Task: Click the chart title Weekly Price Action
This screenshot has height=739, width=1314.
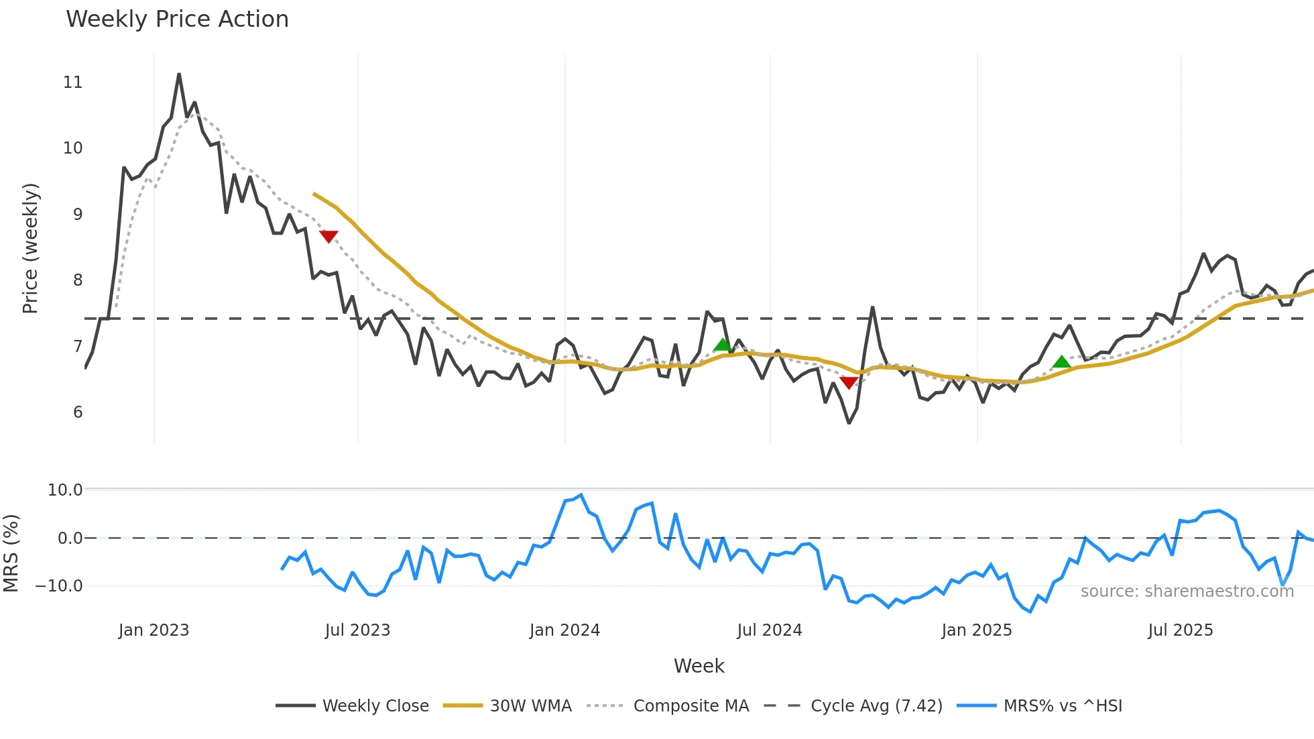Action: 177,19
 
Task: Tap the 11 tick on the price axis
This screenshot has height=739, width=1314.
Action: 73,82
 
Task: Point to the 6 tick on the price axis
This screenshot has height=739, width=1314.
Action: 78,412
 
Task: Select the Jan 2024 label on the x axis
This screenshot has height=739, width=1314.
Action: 564,630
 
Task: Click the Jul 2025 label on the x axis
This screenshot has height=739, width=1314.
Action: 1181,630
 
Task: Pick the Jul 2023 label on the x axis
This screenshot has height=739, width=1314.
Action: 357,630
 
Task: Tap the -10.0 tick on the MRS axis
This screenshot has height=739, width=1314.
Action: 59,586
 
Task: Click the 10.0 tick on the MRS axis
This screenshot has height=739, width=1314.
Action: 65,490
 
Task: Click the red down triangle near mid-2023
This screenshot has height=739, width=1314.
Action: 328,236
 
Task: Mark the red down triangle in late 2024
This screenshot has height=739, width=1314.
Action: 849,382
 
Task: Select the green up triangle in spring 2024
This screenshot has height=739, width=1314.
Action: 722,345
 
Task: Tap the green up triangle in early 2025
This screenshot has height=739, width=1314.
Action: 1061,362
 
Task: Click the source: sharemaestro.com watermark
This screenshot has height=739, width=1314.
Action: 1187,591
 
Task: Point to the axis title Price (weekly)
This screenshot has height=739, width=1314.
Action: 31,248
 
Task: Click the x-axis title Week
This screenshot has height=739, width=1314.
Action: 699,666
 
